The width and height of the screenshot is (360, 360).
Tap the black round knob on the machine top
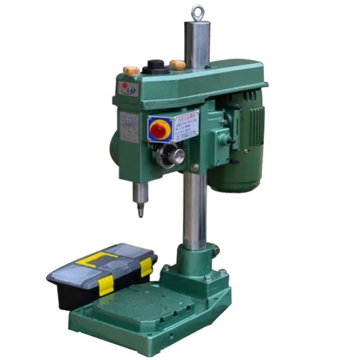[156, 67]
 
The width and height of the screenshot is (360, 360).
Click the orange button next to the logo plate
[131, 71]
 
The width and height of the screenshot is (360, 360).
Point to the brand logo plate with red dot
[130, 87]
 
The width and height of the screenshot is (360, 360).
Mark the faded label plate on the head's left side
[129, 127]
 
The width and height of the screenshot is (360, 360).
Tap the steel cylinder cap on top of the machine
[197, 43]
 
